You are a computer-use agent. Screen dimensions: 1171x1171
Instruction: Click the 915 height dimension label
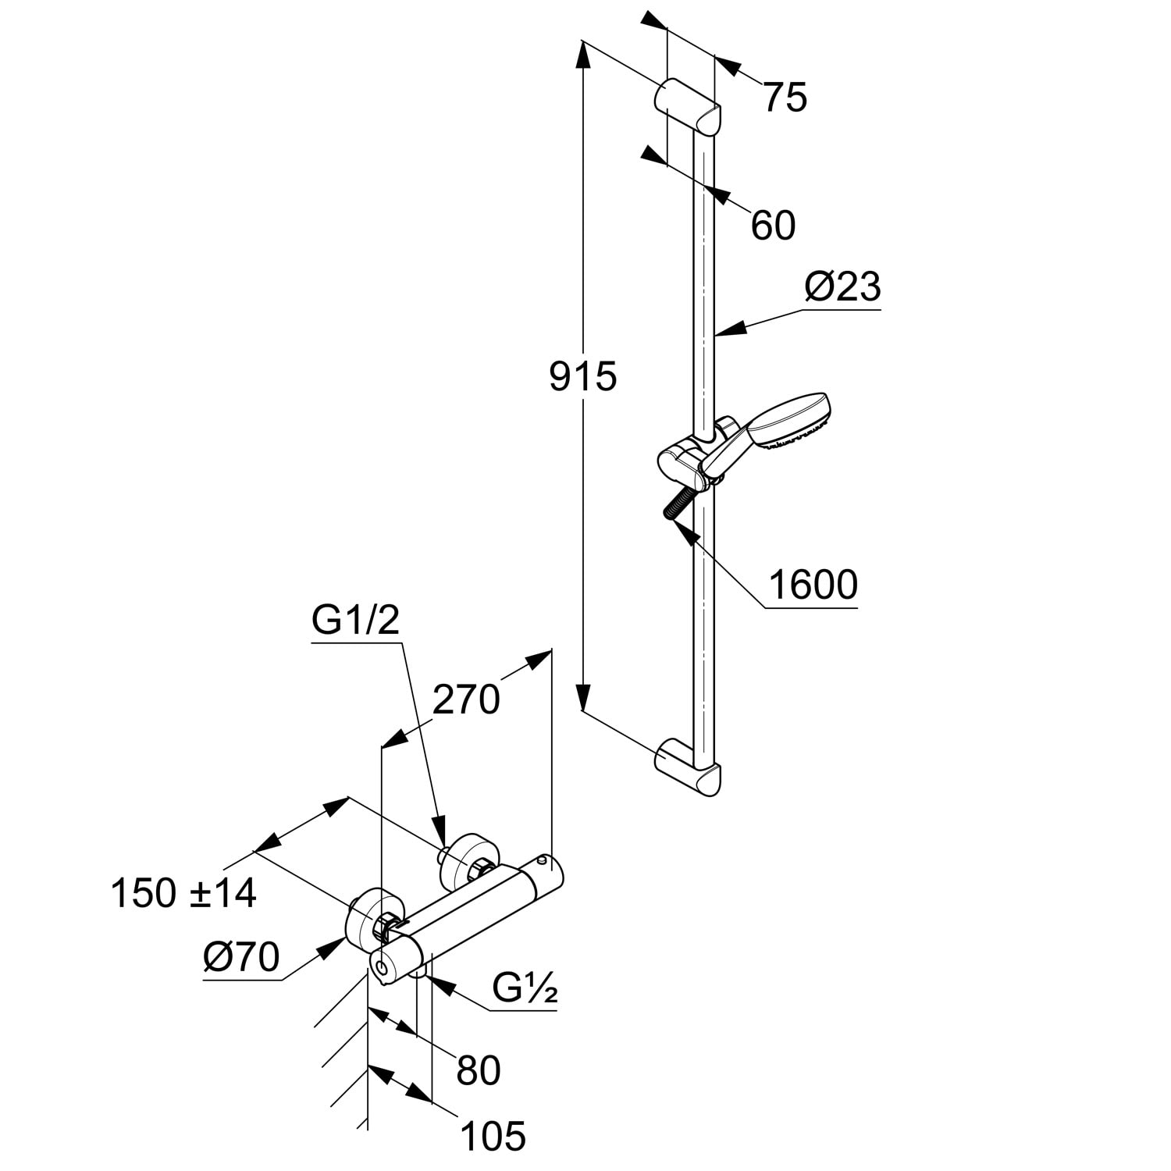(x=582, y=376)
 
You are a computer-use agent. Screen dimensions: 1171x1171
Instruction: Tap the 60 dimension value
(x=773, y=226)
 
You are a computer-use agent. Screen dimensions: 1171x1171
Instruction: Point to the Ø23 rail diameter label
(x=842, y=288)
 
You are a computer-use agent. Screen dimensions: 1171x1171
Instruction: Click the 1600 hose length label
(x=813, y=585)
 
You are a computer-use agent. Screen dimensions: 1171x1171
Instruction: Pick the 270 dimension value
(x=465, y=699)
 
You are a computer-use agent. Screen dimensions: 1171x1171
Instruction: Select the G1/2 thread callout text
(x=355, y=622)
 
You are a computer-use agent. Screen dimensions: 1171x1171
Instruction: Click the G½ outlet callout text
(x=525, y=989)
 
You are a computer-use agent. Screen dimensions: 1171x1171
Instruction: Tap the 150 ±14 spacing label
(x=183, y=893)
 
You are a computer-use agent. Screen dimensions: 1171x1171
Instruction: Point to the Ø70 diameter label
(x=240, y=956)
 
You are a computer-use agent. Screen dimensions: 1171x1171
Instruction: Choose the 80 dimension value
(x=478, y=1070)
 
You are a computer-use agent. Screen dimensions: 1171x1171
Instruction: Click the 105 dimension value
(x=493, y=1136)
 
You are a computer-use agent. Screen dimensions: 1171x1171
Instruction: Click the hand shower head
(x=788, y=422)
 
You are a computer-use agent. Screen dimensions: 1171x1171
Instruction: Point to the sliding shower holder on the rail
(x=687, y=464)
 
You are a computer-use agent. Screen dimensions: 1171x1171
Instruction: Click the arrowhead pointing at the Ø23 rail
(x=726, y=333)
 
